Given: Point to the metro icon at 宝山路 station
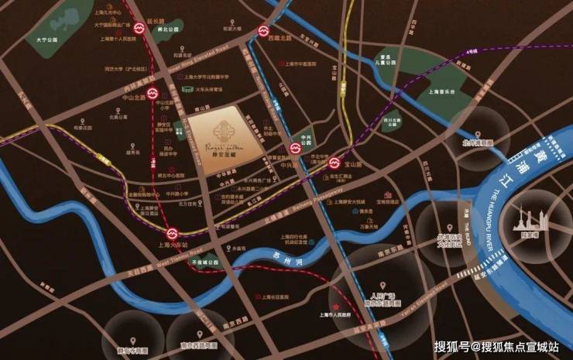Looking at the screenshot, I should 335,163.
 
